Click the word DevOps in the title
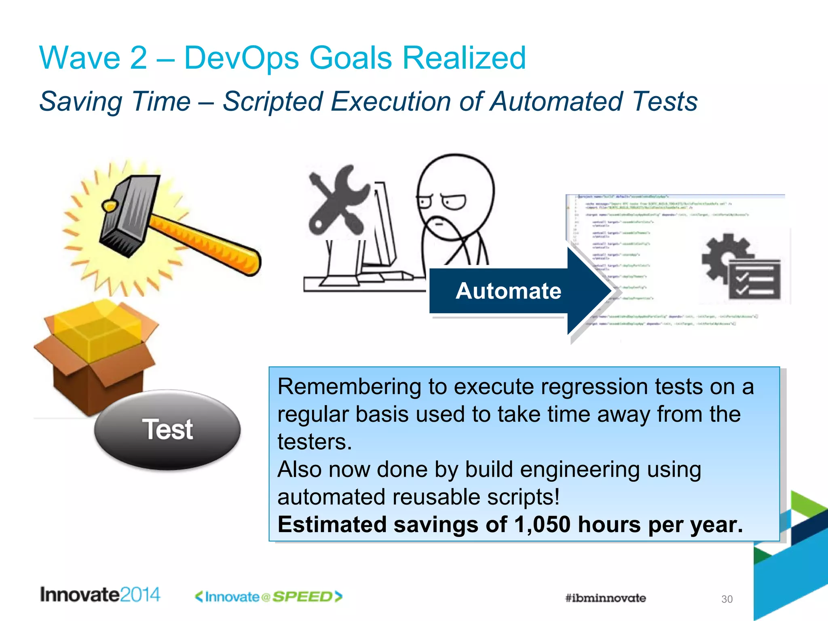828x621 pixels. coord(241,58)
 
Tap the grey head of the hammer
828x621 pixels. coord(127,214)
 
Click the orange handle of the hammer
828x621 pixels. coord(206,243)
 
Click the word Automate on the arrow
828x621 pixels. coord(508,291)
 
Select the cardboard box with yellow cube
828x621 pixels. coord(97,352)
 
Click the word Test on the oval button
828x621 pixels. coord(167,429)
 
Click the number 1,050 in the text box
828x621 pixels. coord(542,524)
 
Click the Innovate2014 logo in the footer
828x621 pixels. coord(100,595)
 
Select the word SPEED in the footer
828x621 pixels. coord(302,597)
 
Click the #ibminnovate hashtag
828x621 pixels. coord(605,598)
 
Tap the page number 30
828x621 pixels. coord(727,599)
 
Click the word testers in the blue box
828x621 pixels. coord(314,442)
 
